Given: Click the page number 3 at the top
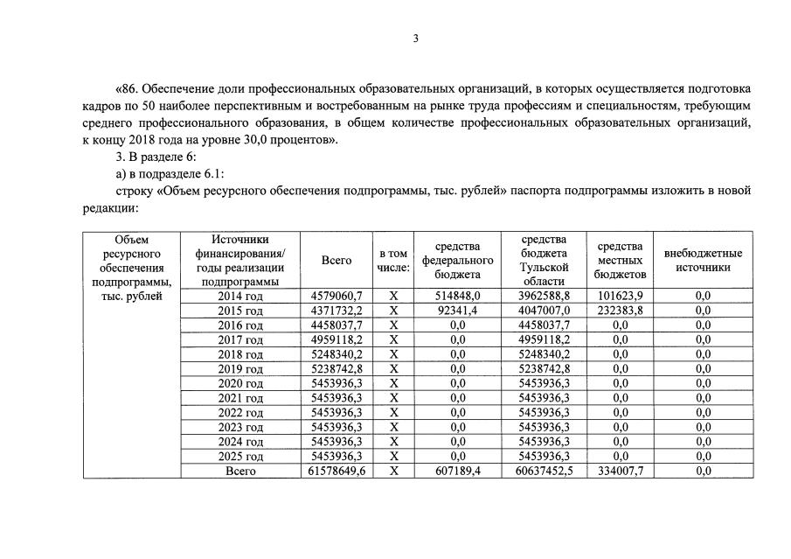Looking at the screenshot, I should [x=416, y=38].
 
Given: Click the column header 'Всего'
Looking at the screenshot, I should [x=337, y=260].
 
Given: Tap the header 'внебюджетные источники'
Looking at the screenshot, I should [x=703, y=260].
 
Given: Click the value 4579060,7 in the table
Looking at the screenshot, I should [x=337, y=297].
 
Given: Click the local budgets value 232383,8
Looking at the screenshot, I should [x=621, y=311].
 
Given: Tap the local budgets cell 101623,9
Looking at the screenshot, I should [x=621, y=297].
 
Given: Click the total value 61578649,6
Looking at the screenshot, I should [x=337, y=471].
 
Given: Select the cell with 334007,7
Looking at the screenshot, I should [x=621, y=471].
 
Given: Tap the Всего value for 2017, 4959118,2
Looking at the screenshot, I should [x=337, y=339].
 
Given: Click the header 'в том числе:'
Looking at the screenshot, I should [x=393, y=260].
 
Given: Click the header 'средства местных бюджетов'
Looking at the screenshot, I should [x=621, y=260].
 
